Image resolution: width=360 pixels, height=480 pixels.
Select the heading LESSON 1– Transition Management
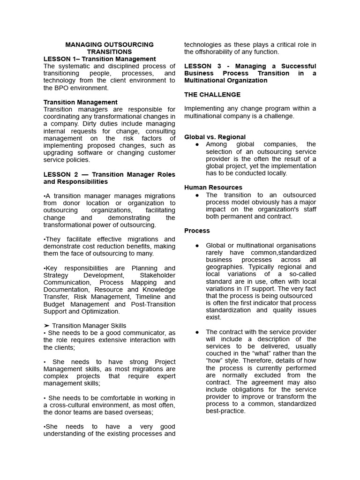point(99,59)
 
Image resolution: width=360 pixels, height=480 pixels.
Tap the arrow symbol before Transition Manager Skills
point(46,326)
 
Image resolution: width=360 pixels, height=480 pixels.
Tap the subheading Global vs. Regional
point(215,137)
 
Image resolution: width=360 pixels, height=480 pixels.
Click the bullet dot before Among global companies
point(197,144)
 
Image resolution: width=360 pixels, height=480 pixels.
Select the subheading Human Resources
point(213,187)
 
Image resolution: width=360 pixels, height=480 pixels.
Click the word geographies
point(225,267)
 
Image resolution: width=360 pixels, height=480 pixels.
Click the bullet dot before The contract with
point(197,332)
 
